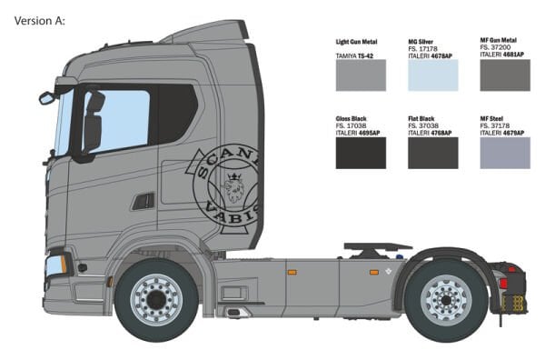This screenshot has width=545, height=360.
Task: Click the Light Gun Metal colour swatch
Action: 361,75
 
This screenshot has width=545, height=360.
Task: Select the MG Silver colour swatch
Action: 432,75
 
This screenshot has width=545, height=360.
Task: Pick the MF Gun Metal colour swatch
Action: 504,75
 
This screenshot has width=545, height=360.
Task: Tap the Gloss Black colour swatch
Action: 361,153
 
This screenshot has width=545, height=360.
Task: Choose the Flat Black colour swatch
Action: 432,153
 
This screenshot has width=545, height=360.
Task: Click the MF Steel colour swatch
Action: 504,153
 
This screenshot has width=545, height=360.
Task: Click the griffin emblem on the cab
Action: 235,186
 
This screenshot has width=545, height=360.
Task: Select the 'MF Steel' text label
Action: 494,117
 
